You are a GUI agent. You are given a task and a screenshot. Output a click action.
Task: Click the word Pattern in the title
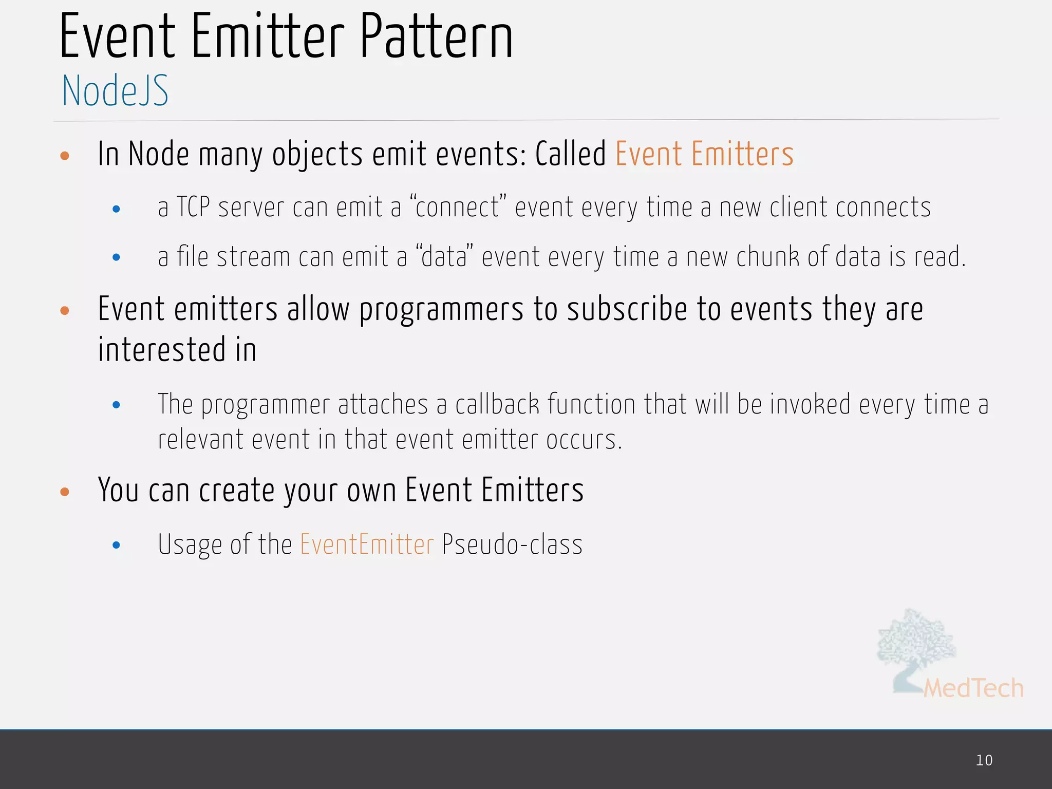(436, 37)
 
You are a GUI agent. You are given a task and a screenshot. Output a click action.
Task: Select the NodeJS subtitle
(115, 91)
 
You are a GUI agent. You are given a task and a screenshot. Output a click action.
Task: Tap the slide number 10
(984, 760)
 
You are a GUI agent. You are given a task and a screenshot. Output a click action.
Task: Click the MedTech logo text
(973, 688)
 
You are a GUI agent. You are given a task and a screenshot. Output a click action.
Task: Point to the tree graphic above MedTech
(916, 642)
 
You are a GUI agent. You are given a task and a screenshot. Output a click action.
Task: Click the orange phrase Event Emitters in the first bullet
(704, 154)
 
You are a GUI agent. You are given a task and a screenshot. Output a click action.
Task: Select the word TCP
(193, 208)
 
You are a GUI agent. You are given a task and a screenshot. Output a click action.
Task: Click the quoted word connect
(458, 208)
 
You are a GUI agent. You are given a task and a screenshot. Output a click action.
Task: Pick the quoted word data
(444, 257)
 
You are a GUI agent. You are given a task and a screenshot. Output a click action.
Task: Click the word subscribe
(627, 310)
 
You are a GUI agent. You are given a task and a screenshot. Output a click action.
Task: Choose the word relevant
(200, 440)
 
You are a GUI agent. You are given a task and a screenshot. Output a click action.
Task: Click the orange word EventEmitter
(367, 544)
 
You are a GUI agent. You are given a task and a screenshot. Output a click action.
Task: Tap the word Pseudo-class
(512, 544)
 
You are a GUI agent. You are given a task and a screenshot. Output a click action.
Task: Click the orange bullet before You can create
(65, 492)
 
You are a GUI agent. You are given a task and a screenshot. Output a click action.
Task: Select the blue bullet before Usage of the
(117, 545)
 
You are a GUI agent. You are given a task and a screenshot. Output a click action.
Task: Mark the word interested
(161, 350)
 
